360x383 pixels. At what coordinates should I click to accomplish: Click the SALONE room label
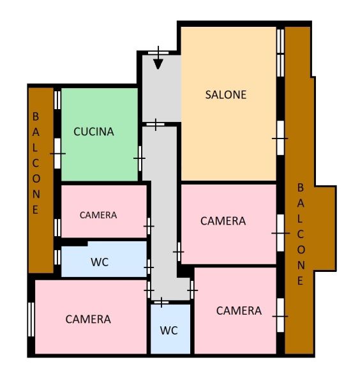coord(226,94)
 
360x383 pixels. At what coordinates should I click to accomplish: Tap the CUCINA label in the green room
coord(94,131)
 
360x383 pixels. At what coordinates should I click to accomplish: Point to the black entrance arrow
coord(158,58)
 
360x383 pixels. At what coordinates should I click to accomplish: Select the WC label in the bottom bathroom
coord(169,331)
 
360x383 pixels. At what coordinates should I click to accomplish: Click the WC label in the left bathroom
coord(100,262)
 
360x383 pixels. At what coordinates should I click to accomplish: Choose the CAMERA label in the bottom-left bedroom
coord(88,319)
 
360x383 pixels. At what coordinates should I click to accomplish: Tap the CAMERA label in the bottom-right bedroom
coord(239,311)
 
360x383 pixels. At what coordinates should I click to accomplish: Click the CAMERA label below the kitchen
coord(98,215)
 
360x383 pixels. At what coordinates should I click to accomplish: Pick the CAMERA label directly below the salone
coord(223,221)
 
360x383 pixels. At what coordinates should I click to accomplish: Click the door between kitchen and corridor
coord(140,158)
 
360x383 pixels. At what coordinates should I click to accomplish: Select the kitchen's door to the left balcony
coord(57,153)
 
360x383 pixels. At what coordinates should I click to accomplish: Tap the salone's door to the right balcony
coord(281,138)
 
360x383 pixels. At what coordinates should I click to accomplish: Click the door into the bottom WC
coord(161,303)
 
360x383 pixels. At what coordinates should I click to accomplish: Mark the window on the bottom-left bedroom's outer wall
coord(31,320)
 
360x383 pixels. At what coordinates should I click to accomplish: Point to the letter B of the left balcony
coord(36,117)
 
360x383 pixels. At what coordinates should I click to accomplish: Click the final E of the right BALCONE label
coord(300,281)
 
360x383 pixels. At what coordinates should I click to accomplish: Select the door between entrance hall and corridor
coord(155,124)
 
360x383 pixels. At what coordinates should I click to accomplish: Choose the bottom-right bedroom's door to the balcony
coord(281,315)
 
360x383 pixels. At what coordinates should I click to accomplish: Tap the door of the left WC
coord(149,267)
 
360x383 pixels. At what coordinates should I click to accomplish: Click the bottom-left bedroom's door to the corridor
coord(149,290)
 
